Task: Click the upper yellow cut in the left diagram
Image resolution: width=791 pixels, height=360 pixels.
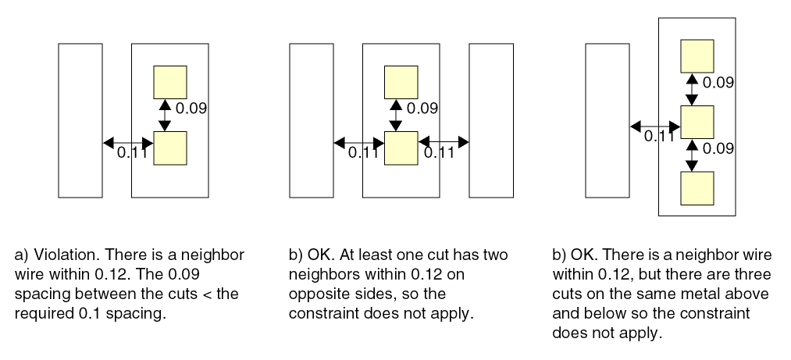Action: point(169,82)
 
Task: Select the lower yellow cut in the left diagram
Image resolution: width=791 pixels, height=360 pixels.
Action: point(169,148)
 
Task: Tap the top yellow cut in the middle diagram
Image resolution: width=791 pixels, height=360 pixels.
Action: point(401,82)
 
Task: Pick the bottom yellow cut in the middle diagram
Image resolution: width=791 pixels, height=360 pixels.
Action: point(401,148)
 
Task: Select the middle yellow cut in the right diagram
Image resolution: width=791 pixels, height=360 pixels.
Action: point(697,121)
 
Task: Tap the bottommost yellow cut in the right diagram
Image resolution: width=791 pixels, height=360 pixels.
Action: point(697,187)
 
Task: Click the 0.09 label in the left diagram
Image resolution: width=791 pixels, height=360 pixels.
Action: point(191,109)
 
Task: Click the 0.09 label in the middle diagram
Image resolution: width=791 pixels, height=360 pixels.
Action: point(422,109)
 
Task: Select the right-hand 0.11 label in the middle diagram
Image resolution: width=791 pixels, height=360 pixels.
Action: point(440,153)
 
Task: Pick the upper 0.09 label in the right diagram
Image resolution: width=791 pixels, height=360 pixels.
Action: point(718,82)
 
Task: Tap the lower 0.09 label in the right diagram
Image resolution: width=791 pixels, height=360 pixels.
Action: point(718,148)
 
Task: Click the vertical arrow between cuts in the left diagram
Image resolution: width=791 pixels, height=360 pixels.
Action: point(164,115)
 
